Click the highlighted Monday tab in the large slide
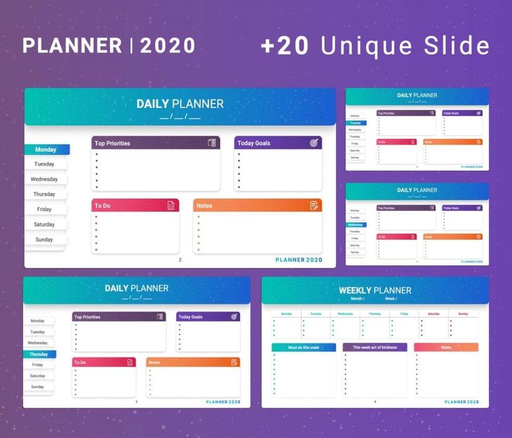pos(46,150)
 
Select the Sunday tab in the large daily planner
pos(44,239)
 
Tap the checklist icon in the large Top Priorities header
pos(212,143)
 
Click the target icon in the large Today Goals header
pos(314,143)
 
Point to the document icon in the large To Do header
pos(171,205)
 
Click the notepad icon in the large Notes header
pos(314,205)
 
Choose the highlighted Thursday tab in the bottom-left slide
pos(39,354)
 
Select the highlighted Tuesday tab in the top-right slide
pos(355,122)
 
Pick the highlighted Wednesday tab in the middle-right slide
pos(355,225)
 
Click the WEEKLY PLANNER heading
pos(375,290)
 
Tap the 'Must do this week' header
pos(304,348)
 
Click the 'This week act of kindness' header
pos(375,348)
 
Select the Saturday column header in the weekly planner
pos(433,314)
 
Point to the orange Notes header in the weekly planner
pos(446,348)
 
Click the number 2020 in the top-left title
pos(168,46)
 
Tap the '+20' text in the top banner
pos(284,46)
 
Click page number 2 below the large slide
pos(180,260)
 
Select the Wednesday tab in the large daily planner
pos(45,179)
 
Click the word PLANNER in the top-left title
pos(72,46)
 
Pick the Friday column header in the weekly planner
pos(404,314)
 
